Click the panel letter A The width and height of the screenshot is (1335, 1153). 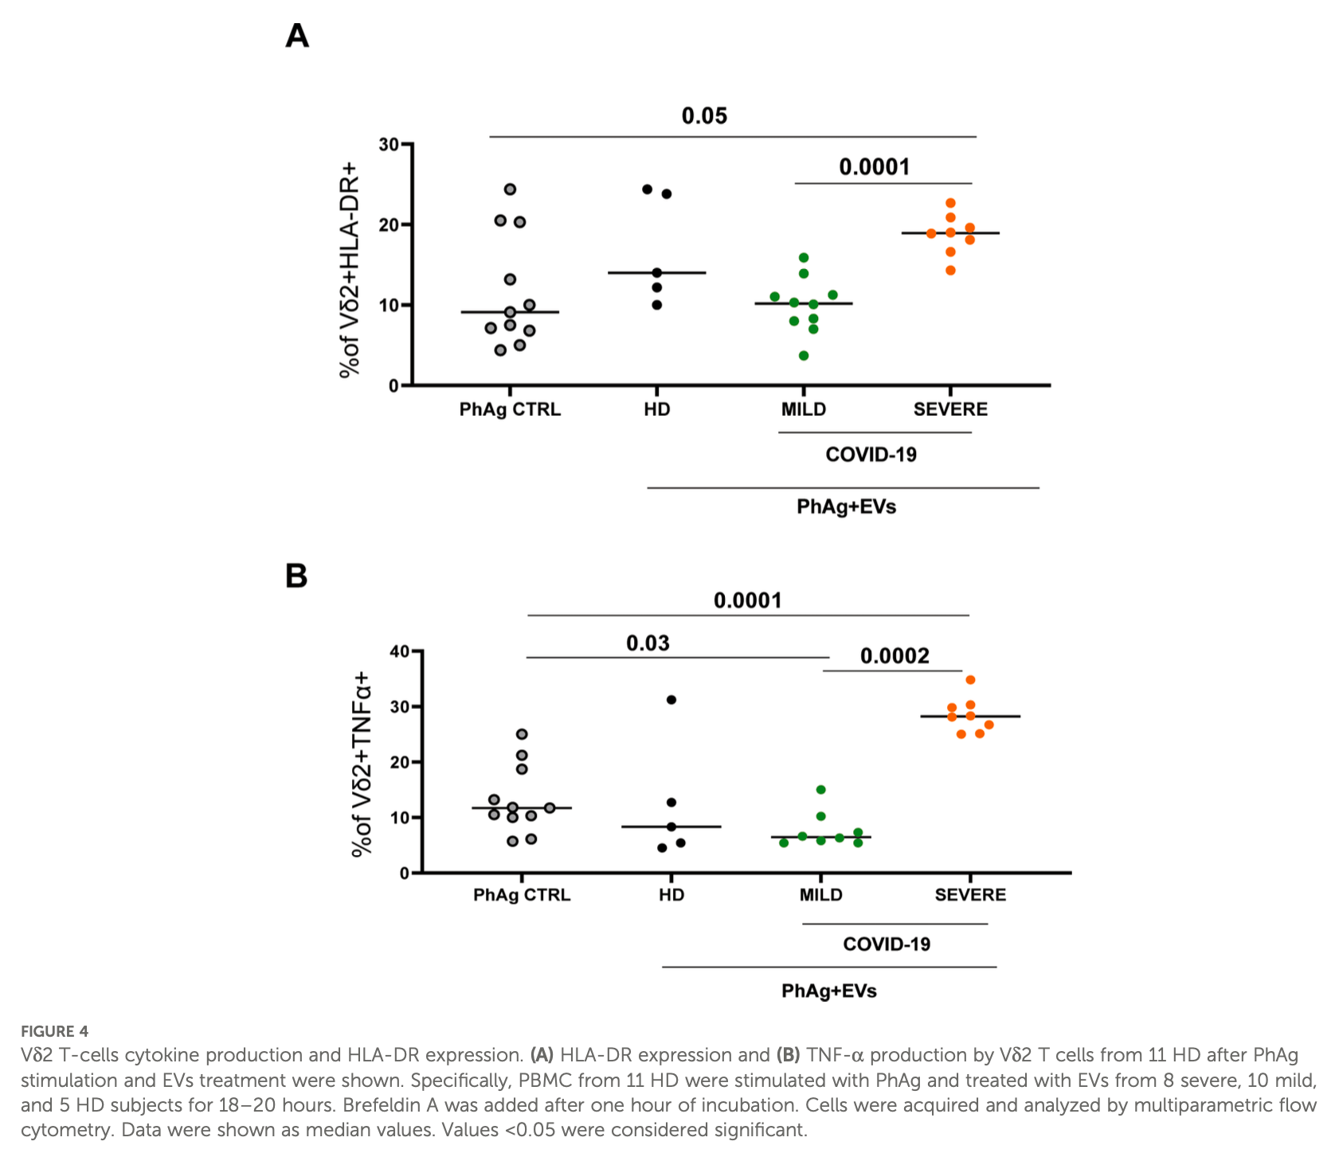[297, 36]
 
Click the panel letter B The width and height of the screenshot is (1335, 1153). [296, 576]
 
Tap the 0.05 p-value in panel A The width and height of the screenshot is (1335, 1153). [704, 116]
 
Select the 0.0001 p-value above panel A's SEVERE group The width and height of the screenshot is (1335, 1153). [874, 167]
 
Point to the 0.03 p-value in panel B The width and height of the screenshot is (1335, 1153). [648, 643]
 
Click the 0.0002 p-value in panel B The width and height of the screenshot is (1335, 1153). [895, 656]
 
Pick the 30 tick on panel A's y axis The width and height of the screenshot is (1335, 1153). [389, 145]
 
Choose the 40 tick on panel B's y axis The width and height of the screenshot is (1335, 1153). [399, 651]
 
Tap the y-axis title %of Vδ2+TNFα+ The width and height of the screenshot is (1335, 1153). [362, 763]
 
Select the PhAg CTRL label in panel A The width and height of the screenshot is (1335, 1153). [510, 409]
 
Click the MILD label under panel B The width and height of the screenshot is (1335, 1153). [820, 895]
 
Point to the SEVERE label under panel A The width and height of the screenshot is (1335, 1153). [950, 409]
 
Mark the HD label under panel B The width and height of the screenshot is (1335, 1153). [671, 895]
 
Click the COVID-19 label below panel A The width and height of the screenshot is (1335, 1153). [871, 455]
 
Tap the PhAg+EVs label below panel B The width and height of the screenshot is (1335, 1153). [828, 991]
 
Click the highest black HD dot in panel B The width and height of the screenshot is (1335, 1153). [671, 700]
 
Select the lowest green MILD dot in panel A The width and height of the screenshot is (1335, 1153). [804, 356]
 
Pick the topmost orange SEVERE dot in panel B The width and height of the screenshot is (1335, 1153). [970, 680]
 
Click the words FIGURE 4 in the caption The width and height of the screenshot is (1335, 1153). [54, 1031]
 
